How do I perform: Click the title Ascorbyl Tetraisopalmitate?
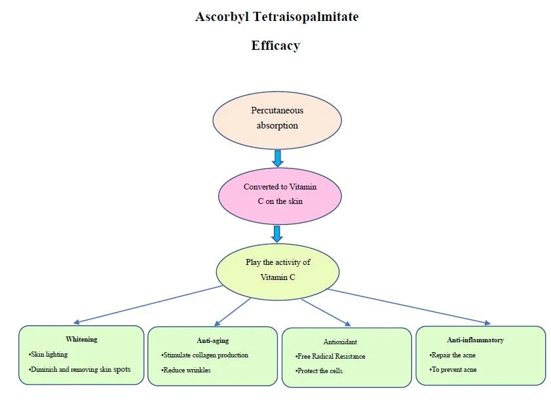276,17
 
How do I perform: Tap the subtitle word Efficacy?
275,46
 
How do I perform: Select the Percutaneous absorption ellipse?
277,118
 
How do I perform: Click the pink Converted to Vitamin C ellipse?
280,194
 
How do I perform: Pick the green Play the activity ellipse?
278,270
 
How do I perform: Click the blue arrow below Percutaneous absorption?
278,158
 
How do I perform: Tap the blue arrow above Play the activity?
278,233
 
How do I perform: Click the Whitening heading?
81,340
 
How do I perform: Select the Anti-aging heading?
213,341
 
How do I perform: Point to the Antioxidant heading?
340,342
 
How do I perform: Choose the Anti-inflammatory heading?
476,340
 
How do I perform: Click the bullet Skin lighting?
49,354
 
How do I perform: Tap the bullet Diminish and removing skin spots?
81,369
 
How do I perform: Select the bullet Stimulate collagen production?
206,355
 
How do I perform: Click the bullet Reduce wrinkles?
187,370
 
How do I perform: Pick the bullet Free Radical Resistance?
332,357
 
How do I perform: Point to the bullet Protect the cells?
320,371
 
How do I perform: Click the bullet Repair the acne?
453,355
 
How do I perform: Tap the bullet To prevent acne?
454,370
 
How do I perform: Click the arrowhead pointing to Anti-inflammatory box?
486,323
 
